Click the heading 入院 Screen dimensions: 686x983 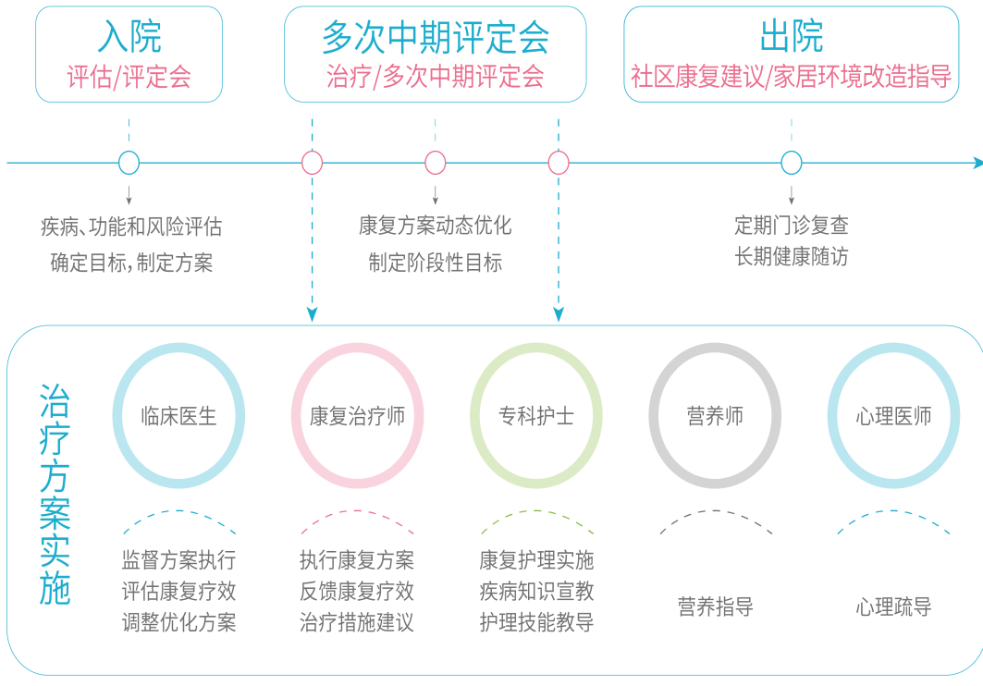129,36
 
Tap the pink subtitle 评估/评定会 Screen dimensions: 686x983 129,76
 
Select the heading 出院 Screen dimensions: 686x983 791,36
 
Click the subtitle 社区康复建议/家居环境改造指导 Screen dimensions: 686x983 791,76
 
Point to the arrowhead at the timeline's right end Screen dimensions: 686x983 977,164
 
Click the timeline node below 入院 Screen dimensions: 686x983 129,164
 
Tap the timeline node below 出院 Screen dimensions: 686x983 791,164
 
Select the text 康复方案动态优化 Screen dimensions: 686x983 435,226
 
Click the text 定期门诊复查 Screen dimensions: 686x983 791,225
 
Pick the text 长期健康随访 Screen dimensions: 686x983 791,256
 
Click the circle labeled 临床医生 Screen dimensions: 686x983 178,416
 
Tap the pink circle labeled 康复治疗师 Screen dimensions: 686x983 357,416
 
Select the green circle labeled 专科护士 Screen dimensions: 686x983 536,416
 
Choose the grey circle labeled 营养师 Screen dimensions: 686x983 715,416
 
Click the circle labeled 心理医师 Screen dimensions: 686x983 893,416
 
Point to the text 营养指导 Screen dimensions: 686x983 715,607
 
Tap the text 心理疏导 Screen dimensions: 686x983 893,607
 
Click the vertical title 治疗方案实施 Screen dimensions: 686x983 55,495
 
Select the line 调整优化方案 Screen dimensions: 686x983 178,622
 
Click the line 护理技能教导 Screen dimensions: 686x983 536,622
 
